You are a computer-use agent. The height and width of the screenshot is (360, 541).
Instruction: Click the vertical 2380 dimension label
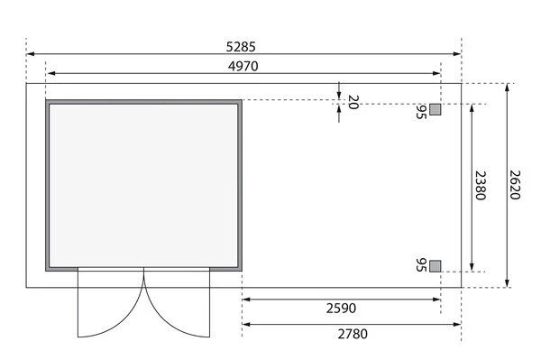coord(481,186)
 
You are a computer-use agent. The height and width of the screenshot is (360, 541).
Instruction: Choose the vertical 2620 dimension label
coord(515,186)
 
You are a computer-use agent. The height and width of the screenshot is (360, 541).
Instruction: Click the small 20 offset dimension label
coord(353,102)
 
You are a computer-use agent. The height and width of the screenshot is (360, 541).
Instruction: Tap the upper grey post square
coord(436,110)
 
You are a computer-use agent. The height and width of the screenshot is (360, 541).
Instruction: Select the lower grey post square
coord(436,264)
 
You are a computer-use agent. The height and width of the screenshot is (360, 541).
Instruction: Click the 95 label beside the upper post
coord(420,111)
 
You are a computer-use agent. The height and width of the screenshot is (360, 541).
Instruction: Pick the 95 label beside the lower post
coord(420,265)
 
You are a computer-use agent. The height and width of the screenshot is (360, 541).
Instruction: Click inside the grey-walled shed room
coord(144,185)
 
